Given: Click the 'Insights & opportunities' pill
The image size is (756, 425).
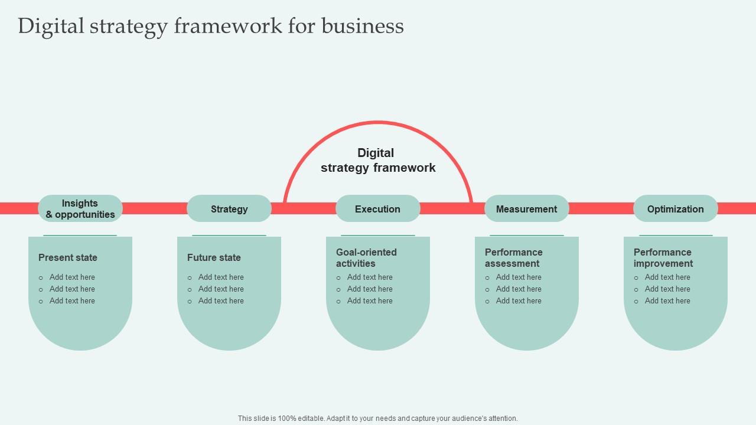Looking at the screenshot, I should (x=80, y=209).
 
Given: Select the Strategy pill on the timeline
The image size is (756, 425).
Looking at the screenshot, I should (x=229, y=209).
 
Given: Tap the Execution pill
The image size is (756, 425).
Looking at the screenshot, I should (x=378, y=209).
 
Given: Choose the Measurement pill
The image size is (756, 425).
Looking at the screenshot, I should (x=527, y=209).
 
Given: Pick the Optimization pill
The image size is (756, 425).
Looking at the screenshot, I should (x=676, y=209).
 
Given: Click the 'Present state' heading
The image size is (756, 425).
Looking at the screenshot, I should (x=68, y=257).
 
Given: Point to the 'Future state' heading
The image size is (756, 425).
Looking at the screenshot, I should (x=214, y=257).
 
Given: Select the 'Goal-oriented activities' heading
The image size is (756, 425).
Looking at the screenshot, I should (x=366, y=258).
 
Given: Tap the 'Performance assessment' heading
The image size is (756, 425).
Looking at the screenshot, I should (x=513, y=258).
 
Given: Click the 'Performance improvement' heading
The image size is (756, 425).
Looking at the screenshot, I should (x=663, y=258).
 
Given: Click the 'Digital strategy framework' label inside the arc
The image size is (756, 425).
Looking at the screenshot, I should (x=378, y=161).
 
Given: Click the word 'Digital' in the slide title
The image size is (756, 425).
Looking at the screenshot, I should (x=51, y=26).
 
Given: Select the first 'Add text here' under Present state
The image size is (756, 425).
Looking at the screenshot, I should (x=72, y=277).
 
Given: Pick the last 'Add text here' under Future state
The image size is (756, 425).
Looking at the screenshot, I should (x=221, y=301).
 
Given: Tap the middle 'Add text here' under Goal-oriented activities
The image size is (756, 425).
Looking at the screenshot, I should (x=370, y=289).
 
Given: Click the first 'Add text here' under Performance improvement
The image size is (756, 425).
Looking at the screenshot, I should (x=667, y=277).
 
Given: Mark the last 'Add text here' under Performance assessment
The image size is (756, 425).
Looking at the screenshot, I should (x=519, y=301).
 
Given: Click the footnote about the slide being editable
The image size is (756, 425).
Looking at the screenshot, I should (x=378, y=419).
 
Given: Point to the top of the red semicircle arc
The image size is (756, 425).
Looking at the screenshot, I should (x=378, y=123).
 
